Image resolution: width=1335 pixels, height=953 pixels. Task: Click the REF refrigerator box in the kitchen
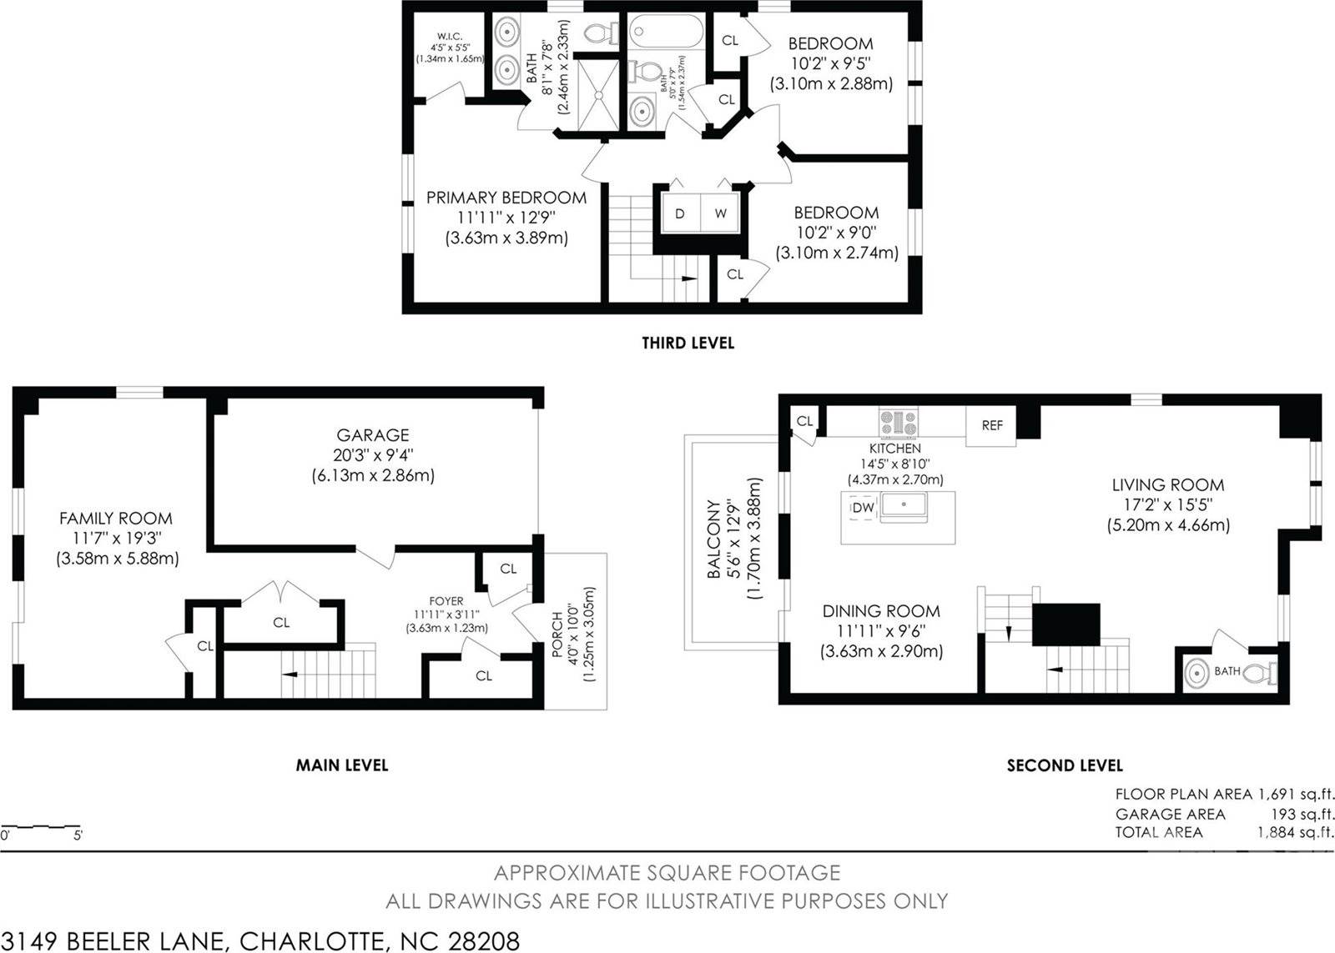point(991,425)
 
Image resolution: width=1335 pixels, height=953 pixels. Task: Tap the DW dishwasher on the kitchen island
point(864,508)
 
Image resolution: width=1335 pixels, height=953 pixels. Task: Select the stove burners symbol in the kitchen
point(897,423)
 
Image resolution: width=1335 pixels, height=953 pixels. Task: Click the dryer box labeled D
point(680,213)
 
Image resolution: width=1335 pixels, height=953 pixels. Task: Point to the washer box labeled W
point(720,213)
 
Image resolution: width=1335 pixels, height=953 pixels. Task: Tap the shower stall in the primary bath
point(598,93)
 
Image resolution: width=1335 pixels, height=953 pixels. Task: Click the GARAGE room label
point(373,435)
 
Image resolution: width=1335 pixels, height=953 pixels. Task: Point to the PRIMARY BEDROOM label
point(506,198)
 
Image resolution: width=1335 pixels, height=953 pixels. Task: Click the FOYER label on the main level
point(446,600)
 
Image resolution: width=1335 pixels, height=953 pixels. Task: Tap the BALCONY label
point(714,539)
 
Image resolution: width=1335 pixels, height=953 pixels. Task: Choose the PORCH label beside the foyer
point(557,635)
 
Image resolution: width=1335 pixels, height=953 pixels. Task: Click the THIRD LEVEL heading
point(688,343)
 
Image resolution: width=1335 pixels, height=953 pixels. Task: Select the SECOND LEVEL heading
point(1065,765)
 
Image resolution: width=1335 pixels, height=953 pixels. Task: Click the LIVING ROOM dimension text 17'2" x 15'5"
point(1166,504)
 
